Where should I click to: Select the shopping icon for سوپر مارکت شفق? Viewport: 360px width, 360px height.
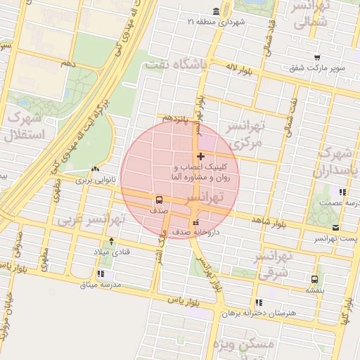(x=317, y=58)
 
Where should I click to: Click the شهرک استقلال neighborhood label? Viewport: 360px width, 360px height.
(x=24, y=127)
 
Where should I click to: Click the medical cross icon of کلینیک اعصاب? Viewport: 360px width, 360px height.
(x=201, y=156)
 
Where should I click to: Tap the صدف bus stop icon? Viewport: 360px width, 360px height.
(x=159, y=199)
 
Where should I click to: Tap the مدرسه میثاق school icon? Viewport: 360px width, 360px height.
(x=101, y=273)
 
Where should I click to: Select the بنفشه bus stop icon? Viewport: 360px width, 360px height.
(x=314, y=278)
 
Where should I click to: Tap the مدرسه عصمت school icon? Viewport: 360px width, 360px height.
(x=342, y=191)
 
